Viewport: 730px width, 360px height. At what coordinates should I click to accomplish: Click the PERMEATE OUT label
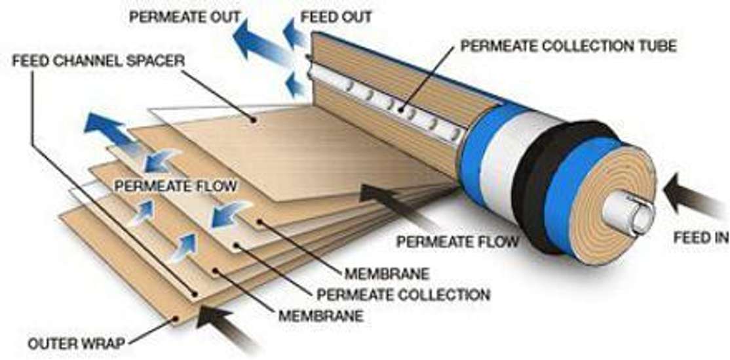[x=184, y=16]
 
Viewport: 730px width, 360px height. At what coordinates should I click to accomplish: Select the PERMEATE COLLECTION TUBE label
[x=568, y=46]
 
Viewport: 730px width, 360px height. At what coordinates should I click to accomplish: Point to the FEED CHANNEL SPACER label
[x=98, y=60]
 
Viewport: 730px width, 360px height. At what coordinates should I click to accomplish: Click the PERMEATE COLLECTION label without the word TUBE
[x=403, y=294]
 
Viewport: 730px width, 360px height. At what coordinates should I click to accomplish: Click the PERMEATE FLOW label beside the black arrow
[x=457, y=241]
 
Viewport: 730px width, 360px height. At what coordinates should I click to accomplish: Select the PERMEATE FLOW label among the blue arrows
[x=176, y=186]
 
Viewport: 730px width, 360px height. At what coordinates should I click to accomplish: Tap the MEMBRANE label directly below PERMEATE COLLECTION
[x=320, y=316]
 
